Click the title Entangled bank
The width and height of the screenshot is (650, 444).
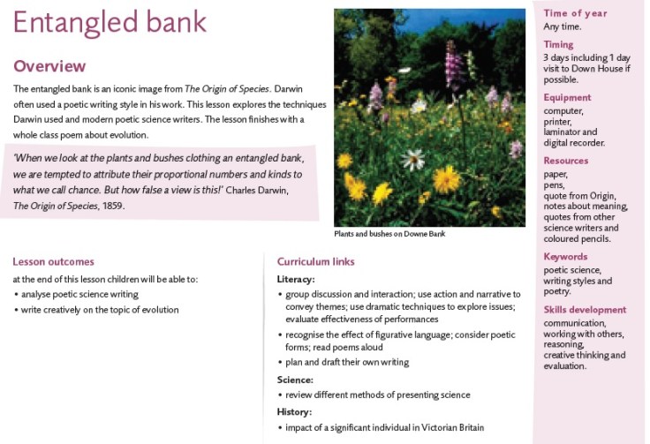pyautogui.click(x=110, y=23)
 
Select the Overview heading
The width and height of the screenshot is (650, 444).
pyautogui.click(x=49, y=66)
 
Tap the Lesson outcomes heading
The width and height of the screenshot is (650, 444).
pyautogui.click(x=53, y=261)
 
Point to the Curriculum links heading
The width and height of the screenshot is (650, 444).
pyautogui.click(x=315, y=261)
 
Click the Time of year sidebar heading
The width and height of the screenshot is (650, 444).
pyautogui.click(x=575, y=13)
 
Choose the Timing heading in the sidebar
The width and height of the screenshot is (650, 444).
pyautogui.click(x=558, y=44)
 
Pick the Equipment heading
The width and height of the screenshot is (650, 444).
pyautogui.click(x=567, y=97)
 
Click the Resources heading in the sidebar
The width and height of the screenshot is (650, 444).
pyautogui.click(x=566, y=161)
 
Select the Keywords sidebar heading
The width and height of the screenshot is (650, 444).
pyautogui.click(x=565, y=257)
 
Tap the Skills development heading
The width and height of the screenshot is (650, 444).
pyautogui.click(x=585, y=310)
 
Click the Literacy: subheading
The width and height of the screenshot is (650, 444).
pyautogui.click(x=295, y=279)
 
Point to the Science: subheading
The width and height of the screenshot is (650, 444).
pyautogui.click(x=295, y=380)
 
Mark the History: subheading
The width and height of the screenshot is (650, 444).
pyautogui.click(x=294, y=411)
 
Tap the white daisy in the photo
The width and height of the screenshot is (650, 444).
pyautogui.click(x=412, y=159)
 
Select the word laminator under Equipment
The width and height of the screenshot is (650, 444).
pyautogui.click(x=565, y=132)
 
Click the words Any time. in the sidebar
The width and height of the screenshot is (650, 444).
pyautogui.click(x=563, y=26)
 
